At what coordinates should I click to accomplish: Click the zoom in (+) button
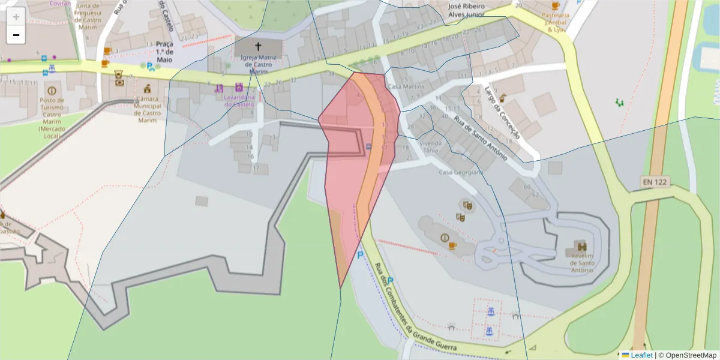coord(16,17)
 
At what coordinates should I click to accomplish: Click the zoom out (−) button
coord(16,35)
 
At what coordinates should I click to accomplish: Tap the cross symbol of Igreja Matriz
coord(258,46)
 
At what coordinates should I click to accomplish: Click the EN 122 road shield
coord(653,182)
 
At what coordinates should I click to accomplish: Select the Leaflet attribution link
coord(641,355)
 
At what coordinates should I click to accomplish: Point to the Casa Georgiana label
coord(461,173)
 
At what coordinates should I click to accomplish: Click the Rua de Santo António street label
coord(480,138)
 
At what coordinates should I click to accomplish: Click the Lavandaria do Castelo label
coord(239,100)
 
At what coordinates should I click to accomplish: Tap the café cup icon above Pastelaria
coord(554,5)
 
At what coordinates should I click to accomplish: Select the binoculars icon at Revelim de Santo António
coord(581,246)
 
